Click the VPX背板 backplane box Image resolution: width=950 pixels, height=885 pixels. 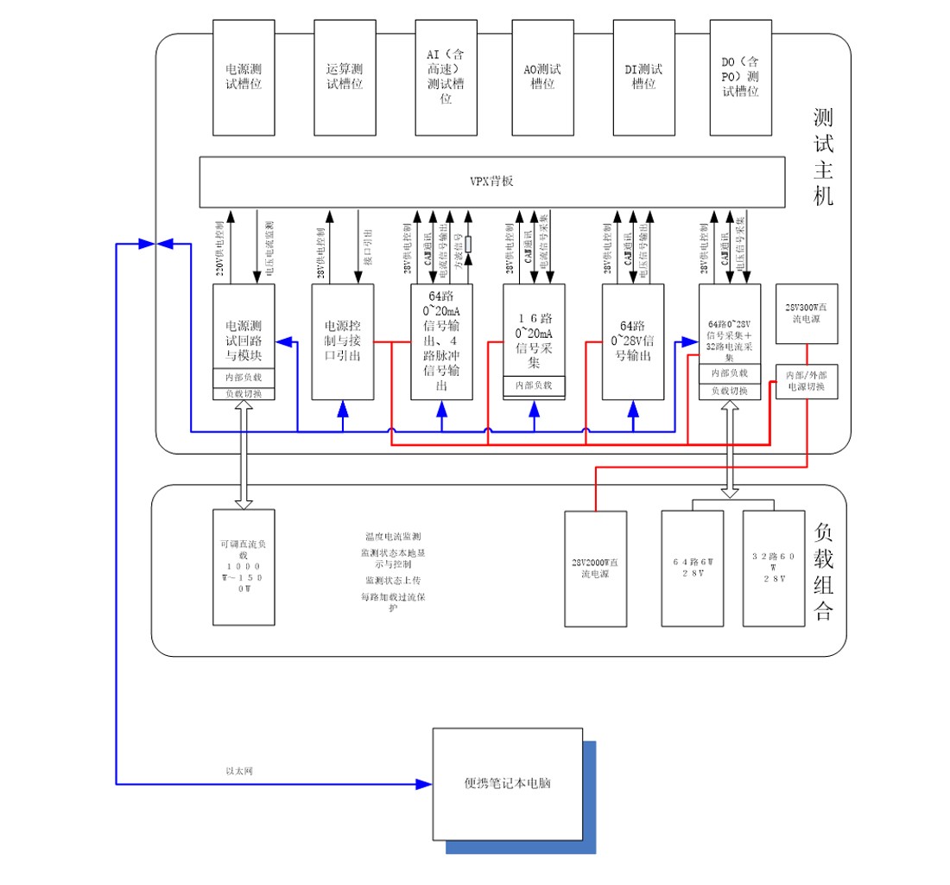coord(491,181)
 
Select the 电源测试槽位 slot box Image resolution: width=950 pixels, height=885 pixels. coord(244,77)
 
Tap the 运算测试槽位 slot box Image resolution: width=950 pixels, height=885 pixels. coord(345,77)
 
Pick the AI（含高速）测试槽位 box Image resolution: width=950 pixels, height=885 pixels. coord(446,77)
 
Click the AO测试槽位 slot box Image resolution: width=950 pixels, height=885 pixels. coord(542,77)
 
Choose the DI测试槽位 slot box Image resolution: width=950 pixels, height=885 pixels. coord(643,77)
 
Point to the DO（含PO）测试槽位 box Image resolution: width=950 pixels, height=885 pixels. coord(740,77)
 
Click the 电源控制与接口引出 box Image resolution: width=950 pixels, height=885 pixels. coord(343,341)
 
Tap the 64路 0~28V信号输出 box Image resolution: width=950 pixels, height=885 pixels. coord(633,341)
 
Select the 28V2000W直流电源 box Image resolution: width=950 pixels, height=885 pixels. coord(595,568)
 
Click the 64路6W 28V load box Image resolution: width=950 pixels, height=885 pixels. coord(693,567)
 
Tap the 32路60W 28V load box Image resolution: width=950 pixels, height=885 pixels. coord(775,567)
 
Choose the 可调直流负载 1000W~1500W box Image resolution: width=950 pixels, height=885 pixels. coord(244,567)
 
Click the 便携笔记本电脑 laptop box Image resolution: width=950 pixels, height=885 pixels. coord(507,784)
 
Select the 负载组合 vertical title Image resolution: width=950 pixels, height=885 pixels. coord(823,571)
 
